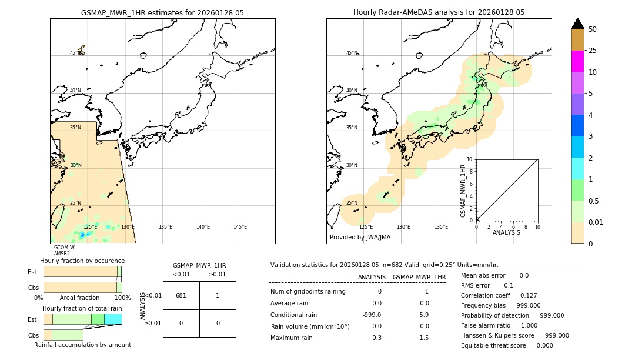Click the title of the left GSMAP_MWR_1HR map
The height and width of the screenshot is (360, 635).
tap(162, 12)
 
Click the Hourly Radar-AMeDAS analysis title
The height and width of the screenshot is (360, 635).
tap(439, 12)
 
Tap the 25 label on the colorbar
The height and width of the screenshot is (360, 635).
tap(593, 51)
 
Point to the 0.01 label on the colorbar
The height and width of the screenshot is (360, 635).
tap(596, 222)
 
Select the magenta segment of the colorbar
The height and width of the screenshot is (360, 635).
tap(577, 61)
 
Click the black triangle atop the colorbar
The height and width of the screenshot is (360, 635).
tap(577, 24)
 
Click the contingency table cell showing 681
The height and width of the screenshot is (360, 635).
tap(181, 295)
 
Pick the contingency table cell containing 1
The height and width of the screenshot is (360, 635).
tap(218, 295)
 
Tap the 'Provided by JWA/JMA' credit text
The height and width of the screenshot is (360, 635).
tap(360, 238)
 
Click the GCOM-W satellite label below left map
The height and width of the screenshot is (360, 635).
tap(64, 248)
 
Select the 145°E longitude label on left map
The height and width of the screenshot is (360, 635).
tap(240, 227)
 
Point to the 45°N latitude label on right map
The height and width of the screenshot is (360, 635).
tap(351, 53)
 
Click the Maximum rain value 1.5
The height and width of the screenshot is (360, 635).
tap(423, 338)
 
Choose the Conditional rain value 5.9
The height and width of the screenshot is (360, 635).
tap(423, 315)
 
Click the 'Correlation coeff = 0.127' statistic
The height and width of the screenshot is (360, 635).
tap(499, 295)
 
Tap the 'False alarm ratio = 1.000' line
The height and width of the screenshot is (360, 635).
tap(499, 325)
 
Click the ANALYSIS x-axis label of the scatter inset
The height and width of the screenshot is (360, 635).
tap(506, 232)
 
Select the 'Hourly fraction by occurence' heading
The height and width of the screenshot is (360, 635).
tap(82, 261)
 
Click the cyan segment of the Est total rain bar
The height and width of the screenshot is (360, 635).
tap(113, 319)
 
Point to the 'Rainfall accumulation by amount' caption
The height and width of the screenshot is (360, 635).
tap(82, 345)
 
